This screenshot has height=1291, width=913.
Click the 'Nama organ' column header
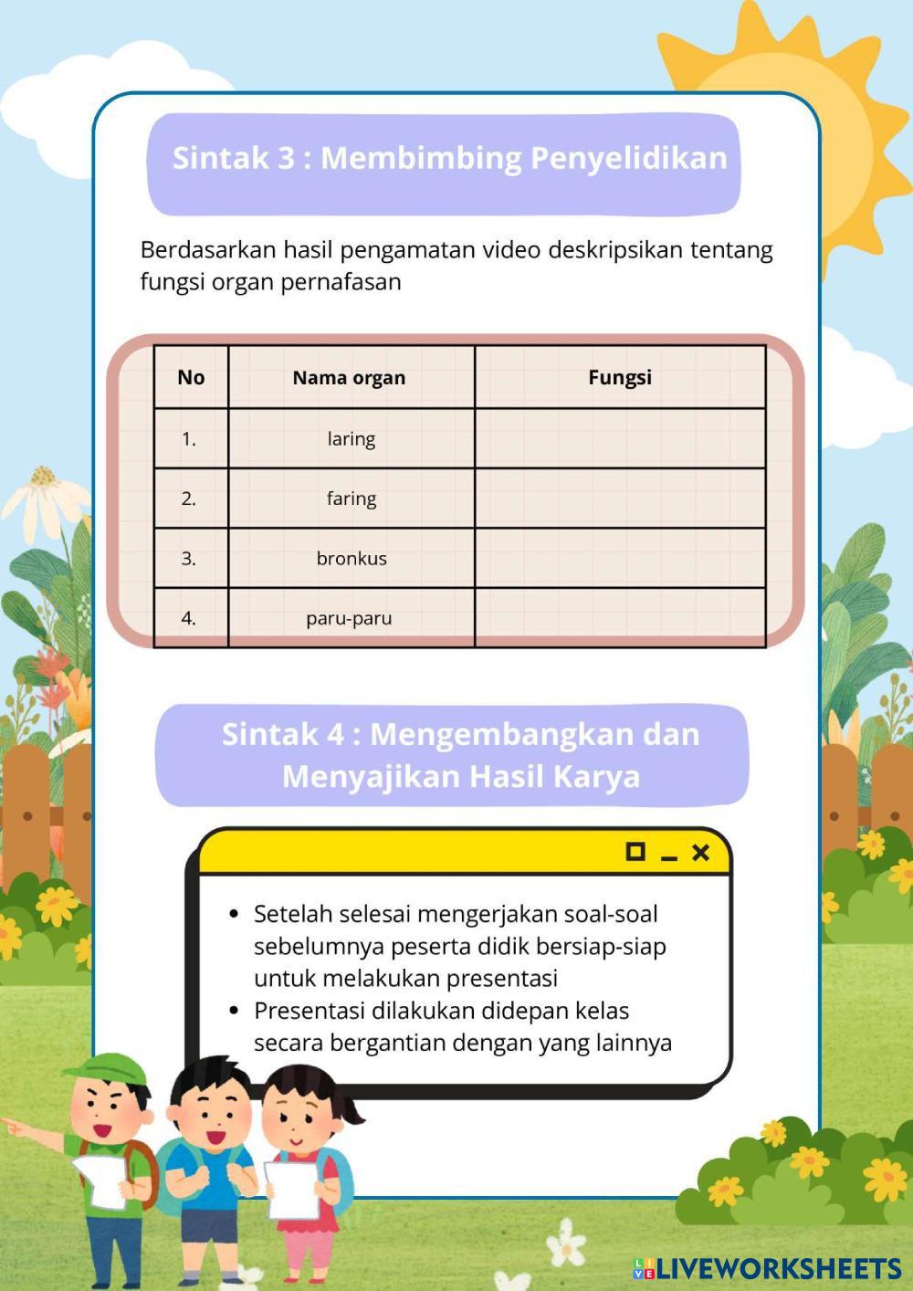(x=349, y=377)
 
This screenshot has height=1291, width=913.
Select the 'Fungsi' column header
(x=619, y=377)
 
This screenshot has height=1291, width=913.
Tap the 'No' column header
(x=191, y=377)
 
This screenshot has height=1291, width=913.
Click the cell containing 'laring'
(x=351, y=438)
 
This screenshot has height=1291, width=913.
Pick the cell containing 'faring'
(x=351, y=499)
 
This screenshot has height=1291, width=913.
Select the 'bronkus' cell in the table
(x=351, y=558)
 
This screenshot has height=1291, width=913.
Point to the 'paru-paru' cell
(x=349, y=618)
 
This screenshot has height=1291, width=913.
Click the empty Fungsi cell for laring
(x=619, y=438)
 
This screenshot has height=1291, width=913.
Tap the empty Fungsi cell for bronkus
(x=619, y=558)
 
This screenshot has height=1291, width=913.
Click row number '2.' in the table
(x=189, y=499)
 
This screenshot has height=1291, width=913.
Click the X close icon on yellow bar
(x=700, y=852)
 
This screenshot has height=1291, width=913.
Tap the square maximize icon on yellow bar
(x=635, y=851)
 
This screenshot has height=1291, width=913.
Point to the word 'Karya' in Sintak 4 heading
(x=600, y=776)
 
